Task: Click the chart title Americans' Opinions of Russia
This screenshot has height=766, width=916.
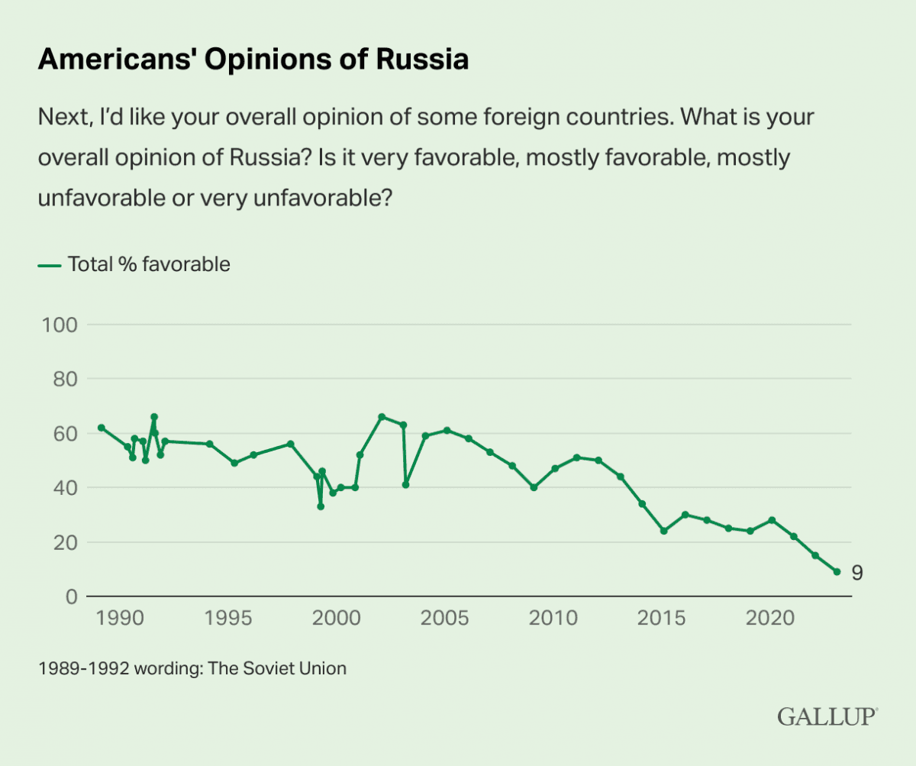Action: (253, 60)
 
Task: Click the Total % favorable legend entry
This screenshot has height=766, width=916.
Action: (134, 265)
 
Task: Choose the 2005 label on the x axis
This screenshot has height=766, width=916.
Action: (447, 617)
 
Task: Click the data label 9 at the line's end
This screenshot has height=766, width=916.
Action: (857, 573)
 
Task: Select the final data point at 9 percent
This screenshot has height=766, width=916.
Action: (837, 571)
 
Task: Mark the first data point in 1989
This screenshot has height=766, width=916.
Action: (101, 428)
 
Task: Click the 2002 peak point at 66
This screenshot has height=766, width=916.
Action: (382, 416)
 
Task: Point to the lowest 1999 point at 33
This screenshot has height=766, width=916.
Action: (321, 506)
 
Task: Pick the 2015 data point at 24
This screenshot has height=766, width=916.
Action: (663, 531)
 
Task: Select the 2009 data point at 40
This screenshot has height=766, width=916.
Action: (534, 487)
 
